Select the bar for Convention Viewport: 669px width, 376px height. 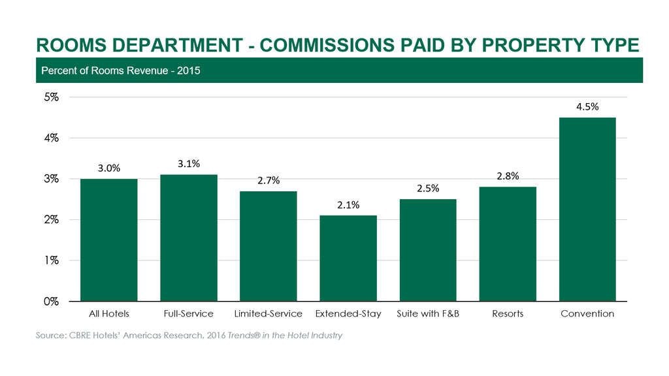(587, 209)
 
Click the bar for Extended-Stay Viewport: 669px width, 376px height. (348, 258)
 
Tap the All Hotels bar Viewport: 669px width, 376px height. (108, 240)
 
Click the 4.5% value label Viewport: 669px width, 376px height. (587, 107)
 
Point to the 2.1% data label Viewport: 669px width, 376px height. (348, 205)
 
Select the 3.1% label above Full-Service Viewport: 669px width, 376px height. (189, 164)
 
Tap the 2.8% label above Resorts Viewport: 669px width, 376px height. (508, 176)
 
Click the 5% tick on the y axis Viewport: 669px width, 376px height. (52, 97)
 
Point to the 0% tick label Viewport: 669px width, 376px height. (52, 302)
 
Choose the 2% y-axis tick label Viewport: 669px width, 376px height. (52, 220)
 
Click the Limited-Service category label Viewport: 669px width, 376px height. (268, 314)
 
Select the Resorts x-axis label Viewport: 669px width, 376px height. (508, 314)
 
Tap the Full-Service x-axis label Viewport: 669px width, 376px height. (189, 314)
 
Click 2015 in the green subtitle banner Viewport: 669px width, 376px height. (188, 70)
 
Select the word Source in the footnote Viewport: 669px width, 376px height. (50, 336)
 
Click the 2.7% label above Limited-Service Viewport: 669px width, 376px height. (269, 181)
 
